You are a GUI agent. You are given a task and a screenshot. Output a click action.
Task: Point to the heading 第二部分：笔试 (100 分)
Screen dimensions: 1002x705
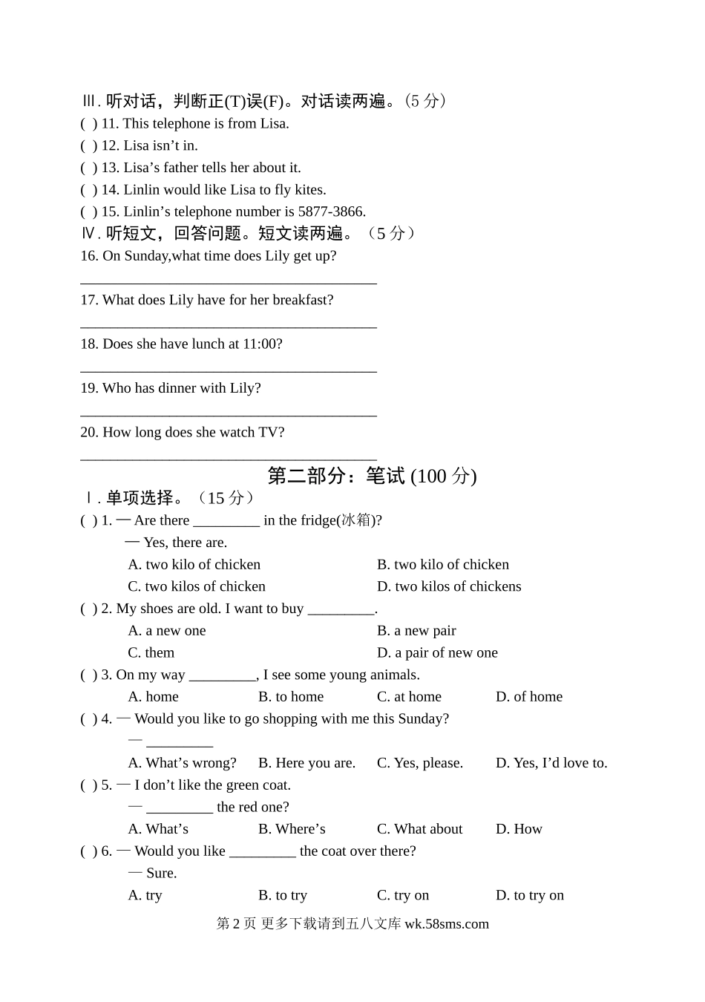(372, 476)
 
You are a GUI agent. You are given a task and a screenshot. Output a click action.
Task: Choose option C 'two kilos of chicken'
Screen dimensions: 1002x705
(197, 586)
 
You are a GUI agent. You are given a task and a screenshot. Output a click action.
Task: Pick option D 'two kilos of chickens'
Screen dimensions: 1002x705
(449, 586)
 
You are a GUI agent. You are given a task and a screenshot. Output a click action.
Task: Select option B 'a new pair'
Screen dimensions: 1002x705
(416, 630)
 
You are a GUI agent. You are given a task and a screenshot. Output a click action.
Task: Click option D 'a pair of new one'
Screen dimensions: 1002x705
(437, 652)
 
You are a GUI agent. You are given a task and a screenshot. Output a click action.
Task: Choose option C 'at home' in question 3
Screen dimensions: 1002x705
(409, 696)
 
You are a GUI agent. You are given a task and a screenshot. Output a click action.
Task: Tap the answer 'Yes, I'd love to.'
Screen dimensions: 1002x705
(551, 762)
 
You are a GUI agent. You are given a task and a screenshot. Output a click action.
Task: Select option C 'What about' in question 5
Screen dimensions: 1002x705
(419, 828)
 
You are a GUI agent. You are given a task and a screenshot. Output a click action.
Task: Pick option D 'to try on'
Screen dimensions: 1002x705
(530, 895)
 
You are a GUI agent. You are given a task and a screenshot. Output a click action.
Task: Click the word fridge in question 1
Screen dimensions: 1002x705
(318, 520)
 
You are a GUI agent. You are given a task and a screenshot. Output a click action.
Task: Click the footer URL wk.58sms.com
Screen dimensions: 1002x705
(447, 924)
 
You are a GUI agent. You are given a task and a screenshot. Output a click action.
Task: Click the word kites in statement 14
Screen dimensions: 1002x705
(309, 189)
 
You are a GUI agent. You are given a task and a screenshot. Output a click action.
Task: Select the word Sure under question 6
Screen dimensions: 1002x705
(161, 873)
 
